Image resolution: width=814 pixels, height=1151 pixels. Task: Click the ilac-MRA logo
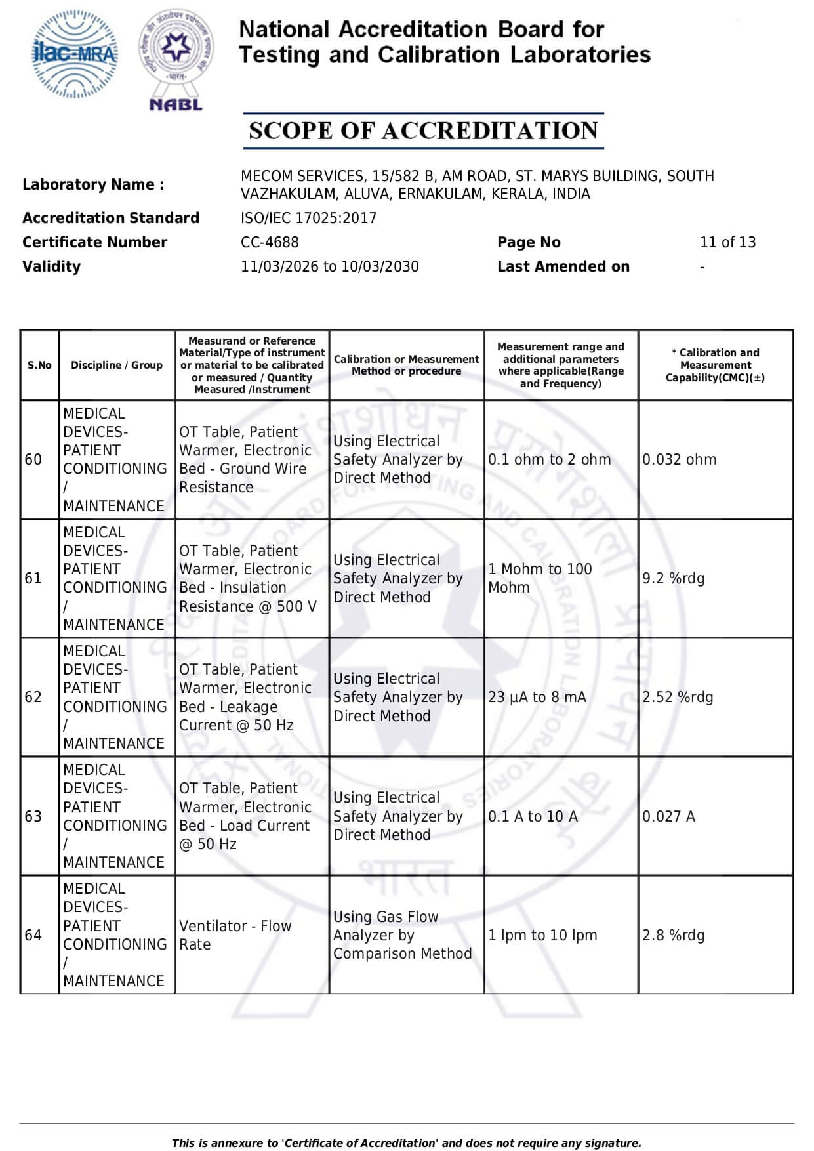75,54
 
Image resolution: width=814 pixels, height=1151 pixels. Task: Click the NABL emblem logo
176,59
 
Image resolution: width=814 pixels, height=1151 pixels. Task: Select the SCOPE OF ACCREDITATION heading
423,131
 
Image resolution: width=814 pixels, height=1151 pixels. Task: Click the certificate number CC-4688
270,242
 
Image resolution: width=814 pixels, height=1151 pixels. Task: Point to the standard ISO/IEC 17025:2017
308,218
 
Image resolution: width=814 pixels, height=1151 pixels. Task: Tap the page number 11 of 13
727,242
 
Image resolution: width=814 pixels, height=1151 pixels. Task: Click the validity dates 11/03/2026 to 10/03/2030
329,266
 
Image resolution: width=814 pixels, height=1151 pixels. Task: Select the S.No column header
39,366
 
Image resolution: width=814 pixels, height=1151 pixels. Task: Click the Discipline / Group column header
117,366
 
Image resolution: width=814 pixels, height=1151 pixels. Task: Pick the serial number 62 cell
33,697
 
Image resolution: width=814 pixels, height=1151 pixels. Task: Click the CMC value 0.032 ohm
679,459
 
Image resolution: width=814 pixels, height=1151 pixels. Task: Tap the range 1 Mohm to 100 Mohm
540,578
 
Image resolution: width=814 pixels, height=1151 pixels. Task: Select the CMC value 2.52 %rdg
677,697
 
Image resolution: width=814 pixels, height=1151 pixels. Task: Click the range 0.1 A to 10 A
533,816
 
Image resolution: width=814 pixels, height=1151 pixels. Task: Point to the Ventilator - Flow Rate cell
235,935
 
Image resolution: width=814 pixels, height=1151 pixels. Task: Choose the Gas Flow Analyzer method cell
402,935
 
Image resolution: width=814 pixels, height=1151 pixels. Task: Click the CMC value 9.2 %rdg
673,578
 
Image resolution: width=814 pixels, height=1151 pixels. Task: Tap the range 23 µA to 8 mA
537,697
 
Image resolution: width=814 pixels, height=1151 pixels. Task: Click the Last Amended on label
563,266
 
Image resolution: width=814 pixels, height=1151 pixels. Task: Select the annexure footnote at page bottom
406,1142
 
